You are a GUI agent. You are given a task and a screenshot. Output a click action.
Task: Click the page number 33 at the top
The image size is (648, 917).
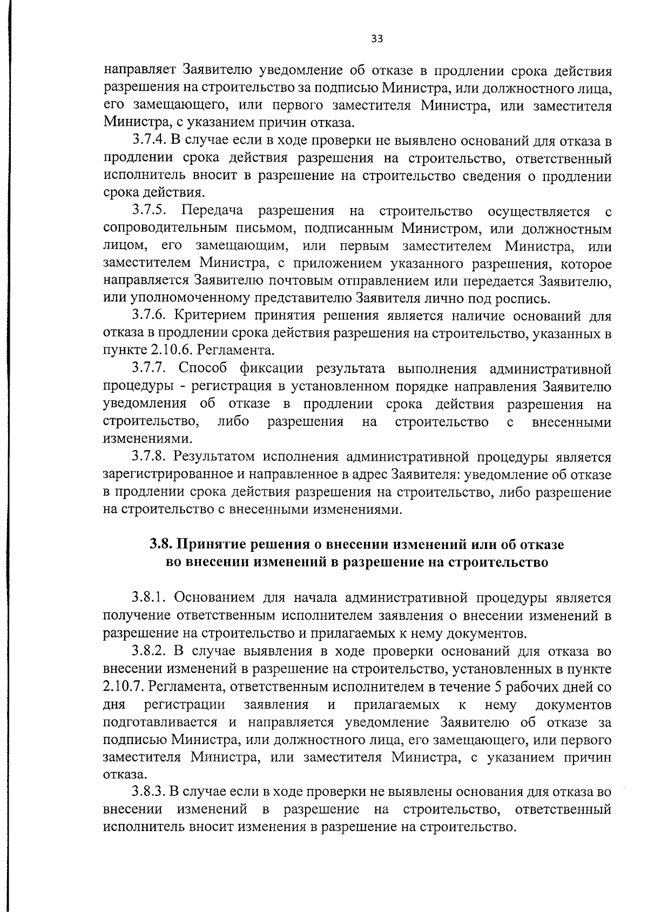377,38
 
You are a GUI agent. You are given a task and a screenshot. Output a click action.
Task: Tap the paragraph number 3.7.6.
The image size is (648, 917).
149,316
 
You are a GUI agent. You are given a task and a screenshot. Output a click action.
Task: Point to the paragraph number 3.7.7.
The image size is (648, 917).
149,369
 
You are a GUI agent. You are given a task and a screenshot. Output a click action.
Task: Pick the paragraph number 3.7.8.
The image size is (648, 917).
149,457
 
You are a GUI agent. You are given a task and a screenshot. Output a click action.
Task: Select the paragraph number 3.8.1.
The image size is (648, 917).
149,598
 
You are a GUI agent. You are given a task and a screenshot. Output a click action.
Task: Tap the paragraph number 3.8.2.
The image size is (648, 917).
149,651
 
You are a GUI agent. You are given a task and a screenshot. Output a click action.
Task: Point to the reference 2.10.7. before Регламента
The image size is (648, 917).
123,687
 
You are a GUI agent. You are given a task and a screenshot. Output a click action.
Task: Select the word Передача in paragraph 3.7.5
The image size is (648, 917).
212,210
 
